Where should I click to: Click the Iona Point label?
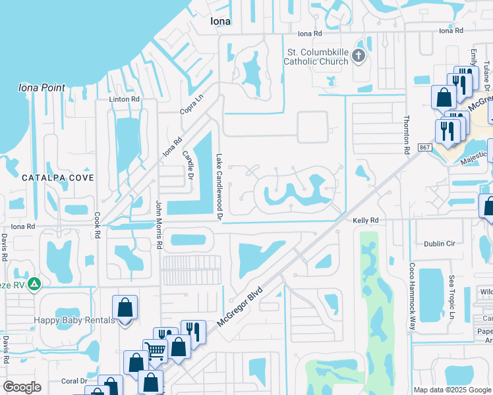click(x=42, y=88)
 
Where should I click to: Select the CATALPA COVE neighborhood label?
click(x=57, y=178)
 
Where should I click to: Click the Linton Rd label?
click(x=125, y=99)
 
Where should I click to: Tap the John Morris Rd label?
click(x=159, y=224)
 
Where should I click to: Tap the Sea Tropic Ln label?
click(x=452, y=295)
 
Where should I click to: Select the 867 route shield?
click(x=424, y=147)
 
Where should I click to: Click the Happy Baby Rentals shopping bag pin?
click(x=125, y=308)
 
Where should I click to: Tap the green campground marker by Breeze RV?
click(x=34, y=284)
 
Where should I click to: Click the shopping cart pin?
click(x=155, y=350)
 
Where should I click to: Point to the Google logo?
click(x=22, y=387)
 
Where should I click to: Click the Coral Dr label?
click(x=74, y=381)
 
